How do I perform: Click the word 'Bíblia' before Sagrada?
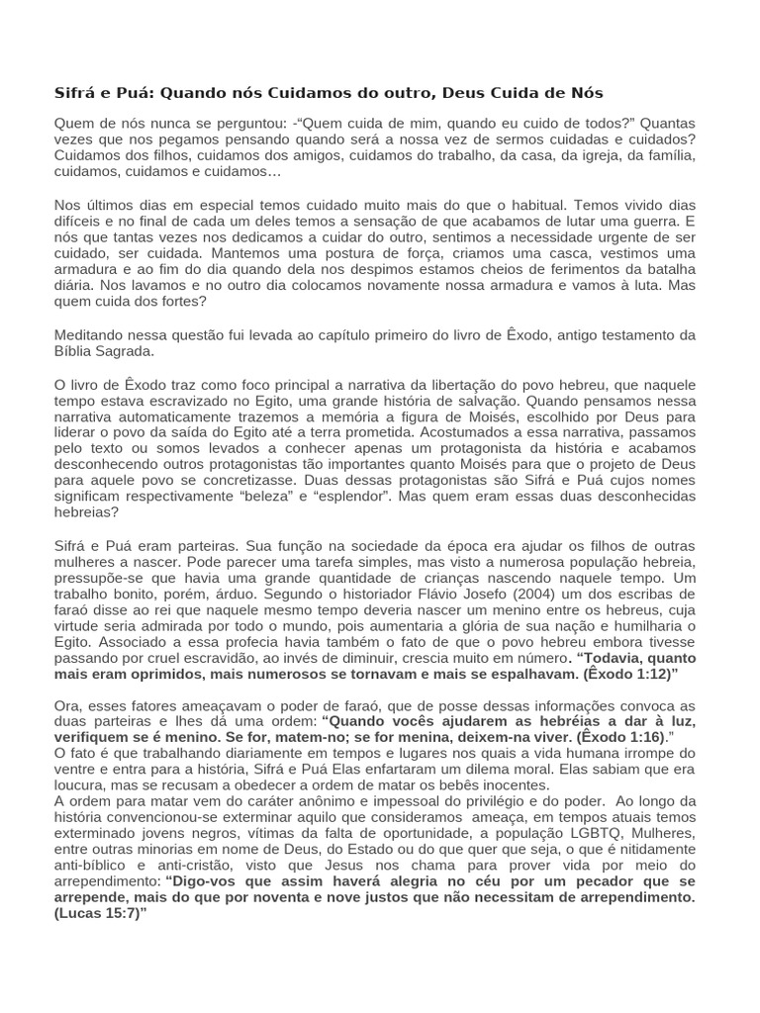coord(74,350)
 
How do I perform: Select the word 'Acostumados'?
coord(474,431)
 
